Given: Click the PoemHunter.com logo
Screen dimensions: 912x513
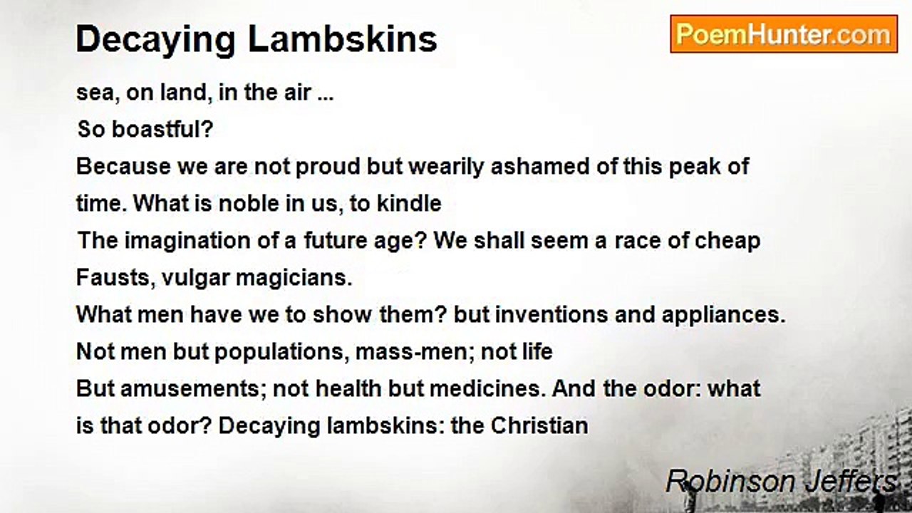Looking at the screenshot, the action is [784, 34].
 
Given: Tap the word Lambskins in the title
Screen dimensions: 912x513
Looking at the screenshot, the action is [343, 39].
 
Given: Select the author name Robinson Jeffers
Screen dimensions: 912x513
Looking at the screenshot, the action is [782, 482].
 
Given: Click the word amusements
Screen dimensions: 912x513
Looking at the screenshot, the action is [190, 389].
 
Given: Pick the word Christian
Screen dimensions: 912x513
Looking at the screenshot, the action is [539, 426].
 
